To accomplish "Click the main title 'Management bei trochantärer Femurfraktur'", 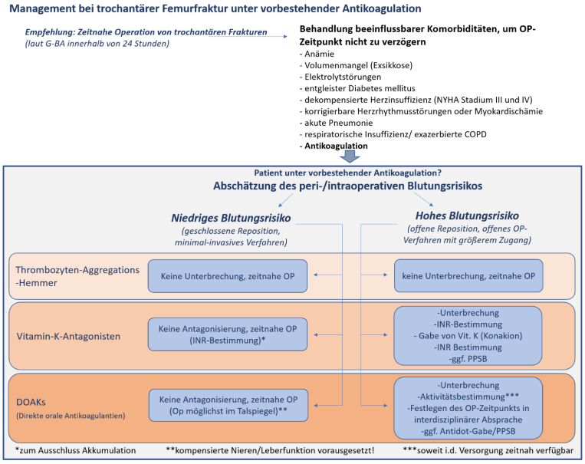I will pyautogui.click(x=215, y=9).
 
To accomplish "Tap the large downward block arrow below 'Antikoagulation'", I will pyautogui.click(x=350, y=156).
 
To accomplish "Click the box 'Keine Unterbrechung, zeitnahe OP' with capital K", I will pyautogui.click(x=228, y=275).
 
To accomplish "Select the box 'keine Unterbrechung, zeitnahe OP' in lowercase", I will pyautogui.click(x=468, y=275).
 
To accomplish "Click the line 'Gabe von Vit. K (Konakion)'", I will pyautogui.click(x=468, y=336).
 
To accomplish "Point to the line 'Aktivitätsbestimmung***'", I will pyautogui.click(x=468, y=397).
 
